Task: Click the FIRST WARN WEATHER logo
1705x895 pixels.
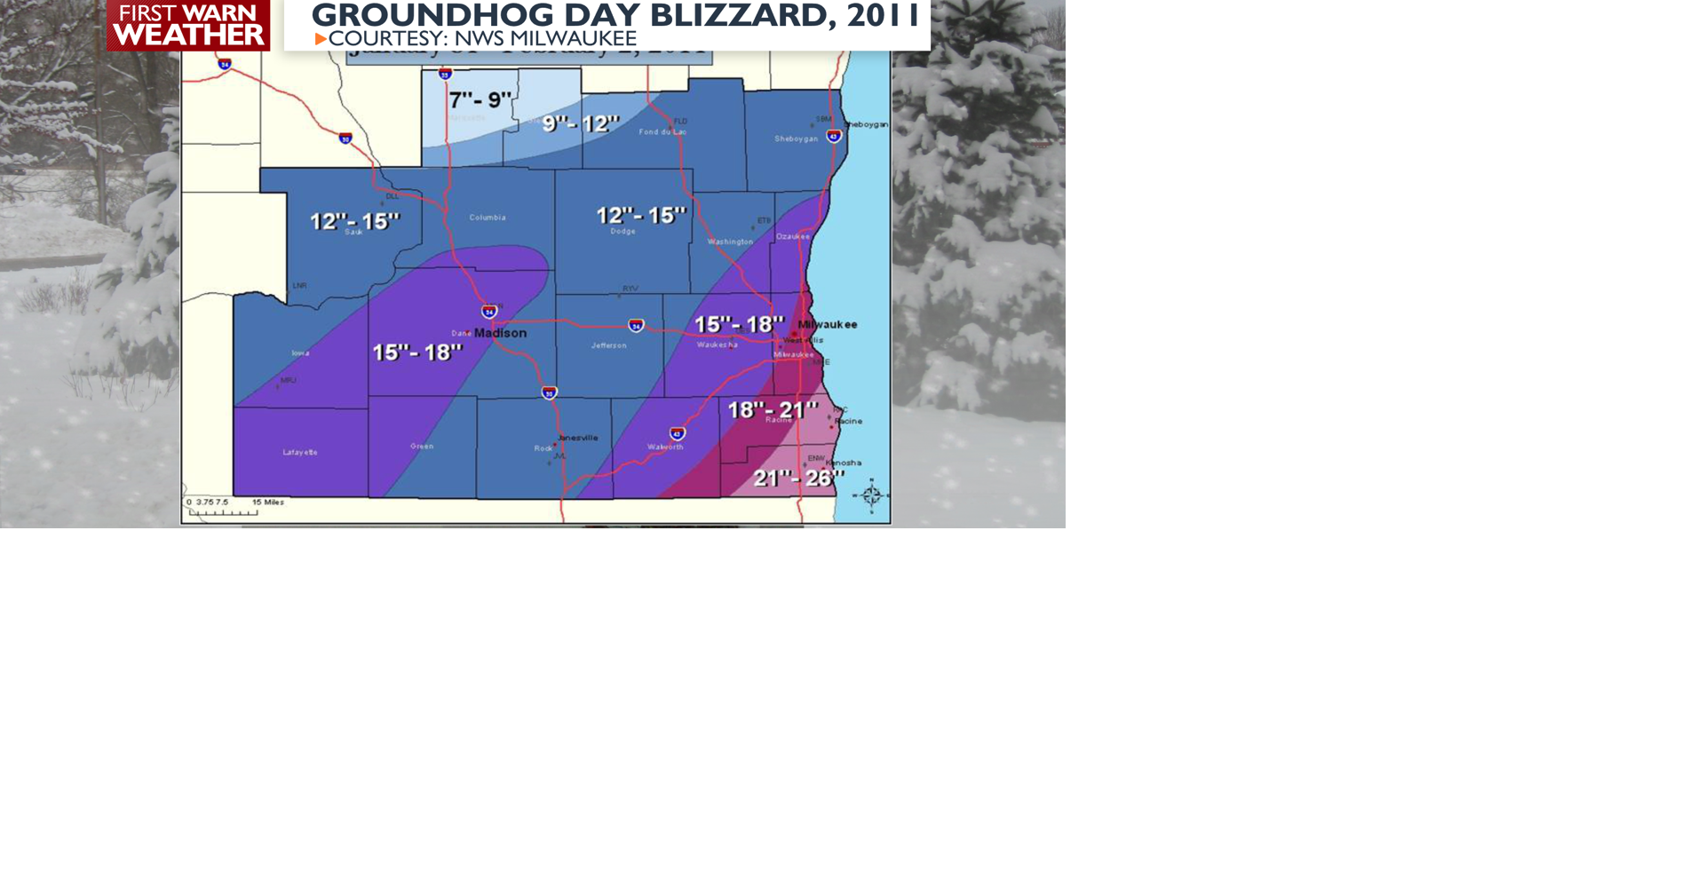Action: (x=188, y=25)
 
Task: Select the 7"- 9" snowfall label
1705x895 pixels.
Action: (x=480, y=100)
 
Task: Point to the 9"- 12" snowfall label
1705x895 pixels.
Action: (x=581, y=123)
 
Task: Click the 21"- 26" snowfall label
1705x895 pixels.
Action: (x=798, y=479)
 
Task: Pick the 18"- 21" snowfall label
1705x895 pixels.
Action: (x=772, y=410)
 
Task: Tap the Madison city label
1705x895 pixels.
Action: (x=500, y=333)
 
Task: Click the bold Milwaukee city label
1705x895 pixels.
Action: (x=828, y=324)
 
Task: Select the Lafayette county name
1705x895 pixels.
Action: (x=300, y=452)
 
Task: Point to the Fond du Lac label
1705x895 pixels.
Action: (x=662, y=132)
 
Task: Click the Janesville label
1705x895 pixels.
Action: (x=578, y=438)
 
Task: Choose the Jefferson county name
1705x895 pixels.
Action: (x=608, y=345)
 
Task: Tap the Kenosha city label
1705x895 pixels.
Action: (x=844, y=463)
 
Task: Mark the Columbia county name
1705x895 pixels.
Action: (x=488, y=218)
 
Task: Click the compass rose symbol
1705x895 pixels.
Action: (x=871, y=495)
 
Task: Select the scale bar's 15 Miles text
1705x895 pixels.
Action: (x=268, y=503)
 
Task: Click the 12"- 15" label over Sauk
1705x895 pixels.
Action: (x=354, y=220)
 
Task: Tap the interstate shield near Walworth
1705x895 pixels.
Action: (x=678, y=433)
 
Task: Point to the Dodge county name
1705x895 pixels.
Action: (x=623, y=231)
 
